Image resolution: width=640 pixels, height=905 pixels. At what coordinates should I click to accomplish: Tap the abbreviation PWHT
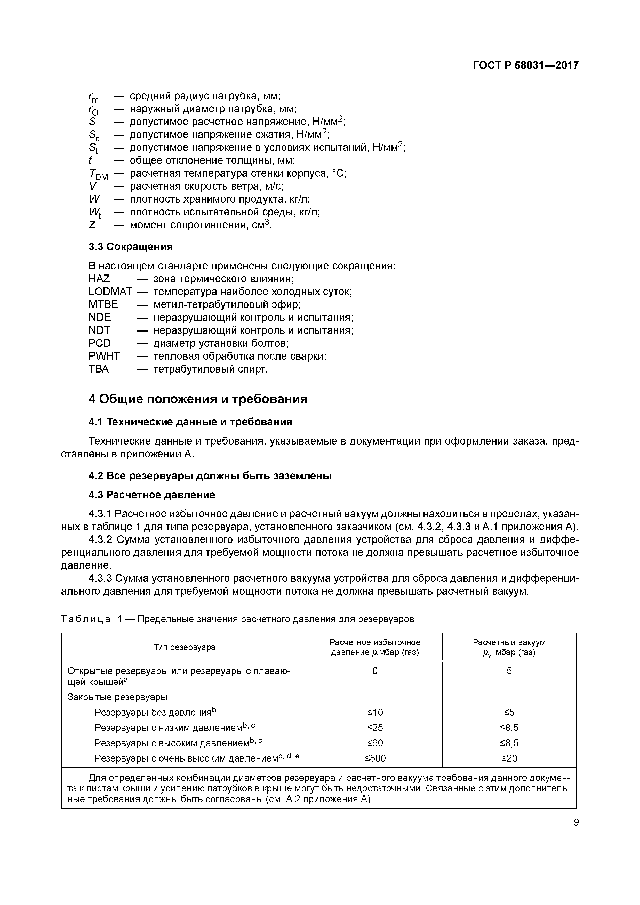[104, 356]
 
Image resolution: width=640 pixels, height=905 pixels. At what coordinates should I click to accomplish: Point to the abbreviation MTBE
[103, 305]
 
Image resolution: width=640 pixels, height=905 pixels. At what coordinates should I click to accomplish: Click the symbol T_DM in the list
[98, 174]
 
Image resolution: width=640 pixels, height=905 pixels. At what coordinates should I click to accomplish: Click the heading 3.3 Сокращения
[131, 247]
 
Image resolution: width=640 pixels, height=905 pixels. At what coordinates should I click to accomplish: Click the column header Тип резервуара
[184, 647]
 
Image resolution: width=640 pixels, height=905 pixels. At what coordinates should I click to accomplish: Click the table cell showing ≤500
[375, 758]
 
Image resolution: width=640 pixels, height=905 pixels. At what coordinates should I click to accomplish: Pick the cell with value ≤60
[375, 743]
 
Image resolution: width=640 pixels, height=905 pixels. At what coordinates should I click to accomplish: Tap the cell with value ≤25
[375, 727]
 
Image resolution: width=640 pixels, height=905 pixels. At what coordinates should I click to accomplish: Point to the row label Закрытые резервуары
[117, 697]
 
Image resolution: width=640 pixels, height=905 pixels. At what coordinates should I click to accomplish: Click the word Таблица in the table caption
[86, 619]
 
